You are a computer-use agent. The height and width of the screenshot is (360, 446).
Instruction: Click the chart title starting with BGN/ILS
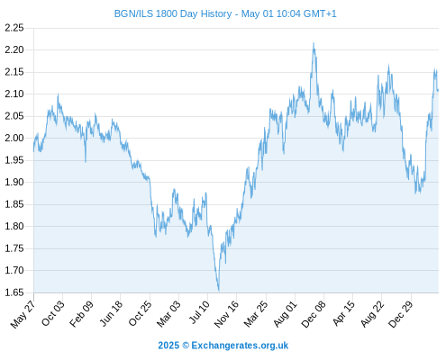[225, 13]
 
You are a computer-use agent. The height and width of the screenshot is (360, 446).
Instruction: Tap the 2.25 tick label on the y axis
[14, 28]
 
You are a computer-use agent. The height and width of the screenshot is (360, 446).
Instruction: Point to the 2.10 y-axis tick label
[14, 94]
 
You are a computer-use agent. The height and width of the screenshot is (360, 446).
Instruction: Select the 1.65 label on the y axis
[14, 292]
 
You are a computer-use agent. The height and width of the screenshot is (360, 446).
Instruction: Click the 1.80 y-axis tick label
[14, 226]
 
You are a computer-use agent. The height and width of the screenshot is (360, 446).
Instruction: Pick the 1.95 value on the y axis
[14, 160]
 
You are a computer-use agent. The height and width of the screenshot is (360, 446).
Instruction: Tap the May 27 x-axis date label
[23, 314]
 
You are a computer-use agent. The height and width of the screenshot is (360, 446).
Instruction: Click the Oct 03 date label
[52, 313]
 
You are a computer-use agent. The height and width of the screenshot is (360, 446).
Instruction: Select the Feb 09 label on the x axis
[81, 313]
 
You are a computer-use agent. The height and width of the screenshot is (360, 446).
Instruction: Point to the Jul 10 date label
[199, 312]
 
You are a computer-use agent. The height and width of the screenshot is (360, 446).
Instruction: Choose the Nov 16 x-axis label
[226, 314]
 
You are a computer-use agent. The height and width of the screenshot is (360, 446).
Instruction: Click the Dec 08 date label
[314, 314]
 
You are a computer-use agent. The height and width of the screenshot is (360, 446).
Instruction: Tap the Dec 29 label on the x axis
[400, 314]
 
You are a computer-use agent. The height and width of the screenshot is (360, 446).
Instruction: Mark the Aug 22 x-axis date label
[372, 314]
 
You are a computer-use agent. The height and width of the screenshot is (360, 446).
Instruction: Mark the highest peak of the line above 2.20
[314, 43]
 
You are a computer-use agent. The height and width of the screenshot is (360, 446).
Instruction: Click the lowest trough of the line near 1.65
[219, 291]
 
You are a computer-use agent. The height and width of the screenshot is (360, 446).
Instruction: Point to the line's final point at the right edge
[438, 90]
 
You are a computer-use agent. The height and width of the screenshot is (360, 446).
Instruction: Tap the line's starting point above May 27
[33, 151]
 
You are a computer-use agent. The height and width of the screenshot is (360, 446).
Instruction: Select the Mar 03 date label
[168, 313]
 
